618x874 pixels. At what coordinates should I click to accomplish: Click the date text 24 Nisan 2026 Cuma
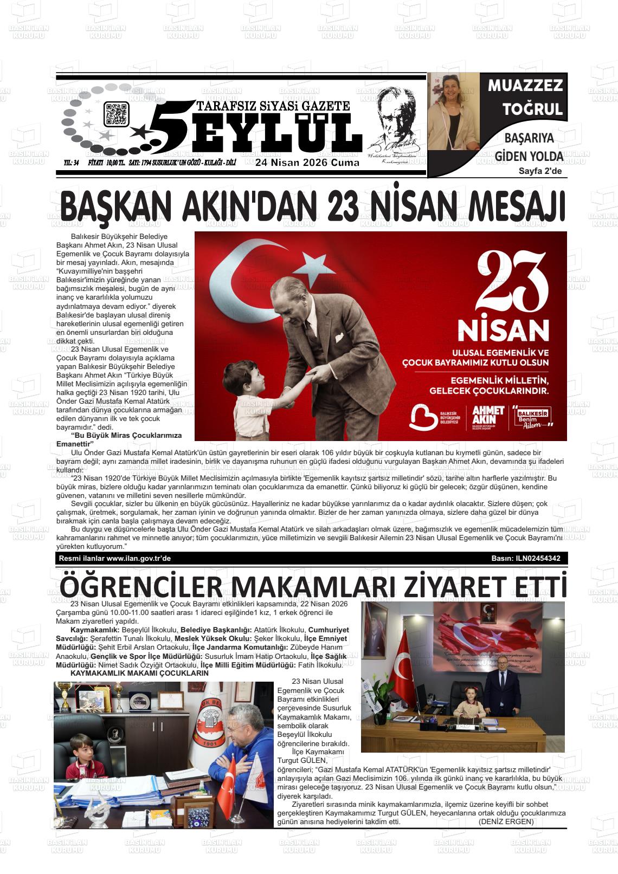pyautogui.click(x=307, y=163)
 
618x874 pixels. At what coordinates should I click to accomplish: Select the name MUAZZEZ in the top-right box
pyautogui.click(x=525, y=86)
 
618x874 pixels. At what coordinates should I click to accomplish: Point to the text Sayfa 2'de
pyautogui.click(x=540, y=172)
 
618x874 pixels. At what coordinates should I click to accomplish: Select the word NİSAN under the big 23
pyautogui.click(x=503, y=329)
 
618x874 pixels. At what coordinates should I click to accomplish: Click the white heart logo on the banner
pyautogui.click(x=422, y=417)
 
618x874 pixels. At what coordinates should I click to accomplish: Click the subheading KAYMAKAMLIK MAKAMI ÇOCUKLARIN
pyautogui.click(x=139, y=672)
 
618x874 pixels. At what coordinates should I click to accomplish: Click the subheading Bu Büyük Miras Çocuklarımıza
pyautogui.click(x=119, y=435)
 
